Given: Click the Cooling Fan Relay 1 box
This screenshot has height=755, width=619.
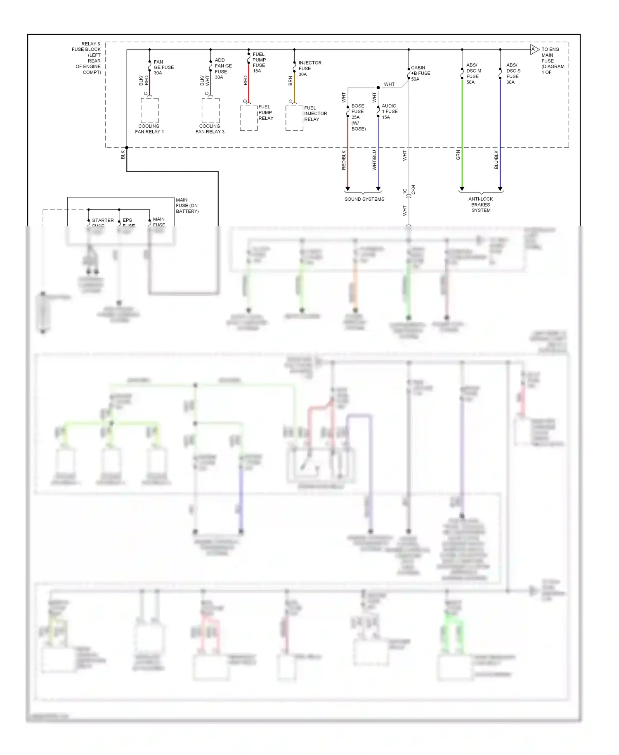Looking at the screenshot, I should point(149,110).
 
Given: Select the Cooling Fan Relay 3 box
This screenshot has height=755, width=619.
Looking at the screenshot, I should point(210,110).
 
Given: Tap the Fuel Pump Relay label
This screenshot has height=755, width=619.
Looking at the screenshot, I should point(266,112).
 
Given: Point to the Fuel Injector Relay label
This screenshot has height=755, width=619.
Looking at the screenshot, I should point(315,114).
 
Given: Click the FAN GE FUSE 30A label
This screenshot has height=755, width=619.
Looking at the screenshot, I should point(163,67).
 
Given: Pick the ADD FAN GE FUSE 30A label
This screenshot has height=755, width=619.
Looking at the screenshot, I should point(223,69).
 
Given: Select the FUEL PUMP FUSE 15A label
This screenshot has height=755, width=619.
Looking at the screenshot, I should point(259,62).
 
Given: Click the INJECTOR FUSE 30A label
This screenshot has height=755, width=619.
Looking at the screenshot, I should point(309,69).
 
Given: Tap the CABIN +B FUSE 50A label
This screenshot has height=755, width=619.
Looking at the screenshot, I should point(421,74).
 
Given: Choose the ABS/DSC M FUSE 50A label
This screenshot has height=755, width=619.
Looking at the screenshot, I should point(473,74).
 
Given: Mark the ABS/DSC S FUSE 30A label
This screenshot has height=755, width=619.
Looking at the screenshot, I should point(513,74).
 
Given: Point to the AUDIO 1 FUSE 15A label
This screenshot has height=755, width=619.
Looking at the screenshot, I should point(389,112).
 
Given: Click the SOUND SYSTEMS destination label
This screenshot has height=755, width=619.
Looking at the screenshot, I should point(364,199).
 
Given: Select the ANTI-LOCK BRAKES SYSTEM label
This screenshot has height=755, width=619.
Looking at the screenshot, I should point(481,204).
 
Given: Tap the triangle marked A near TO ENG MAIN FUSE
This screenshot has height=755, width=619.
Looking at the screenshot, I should point(534,50).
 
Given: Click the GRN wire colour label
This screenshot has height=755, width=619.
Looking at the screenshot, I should point(458,155).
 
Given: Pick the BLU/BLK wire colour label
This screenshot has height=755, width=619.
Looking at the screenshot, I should point(496,159).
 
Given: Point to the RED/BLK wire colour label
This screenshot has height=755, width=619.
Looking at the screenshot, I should point(344,160).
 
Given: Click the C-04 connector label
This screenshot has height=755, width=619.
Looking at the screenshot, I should point(413,190).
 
